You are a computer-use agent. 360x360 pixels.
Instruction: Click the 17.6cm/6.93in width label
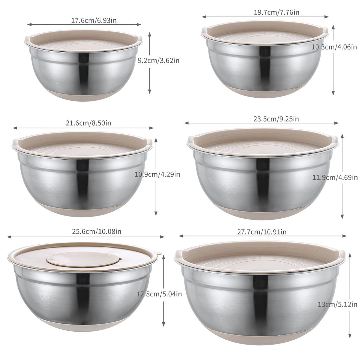(94, 20)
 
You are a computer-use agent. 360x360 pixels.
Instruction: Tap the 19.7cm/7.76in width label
(276, 12)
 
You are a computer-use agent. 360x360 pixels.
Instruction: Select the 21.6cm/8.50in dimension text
(89, 123)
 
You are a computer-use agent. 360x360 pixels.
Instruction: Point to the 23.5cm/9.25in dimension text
(276, 119)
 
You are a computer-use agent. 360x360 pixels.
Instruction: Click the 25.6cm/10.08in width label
(97, 231)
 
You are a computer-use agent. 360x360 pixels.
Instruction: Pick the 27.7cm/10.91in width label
(262, 232)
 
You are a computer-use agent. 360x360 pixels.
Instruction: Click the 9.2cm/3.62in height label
(159, 60)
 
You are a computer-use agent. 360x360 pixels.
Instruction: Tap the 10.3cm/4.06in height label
(334, 47)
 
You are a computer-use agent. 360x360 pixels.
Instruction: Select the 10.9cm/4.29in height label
(157, 174)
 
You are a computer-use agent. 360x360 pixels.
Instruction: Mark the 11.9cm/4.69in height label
(335, 178)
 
